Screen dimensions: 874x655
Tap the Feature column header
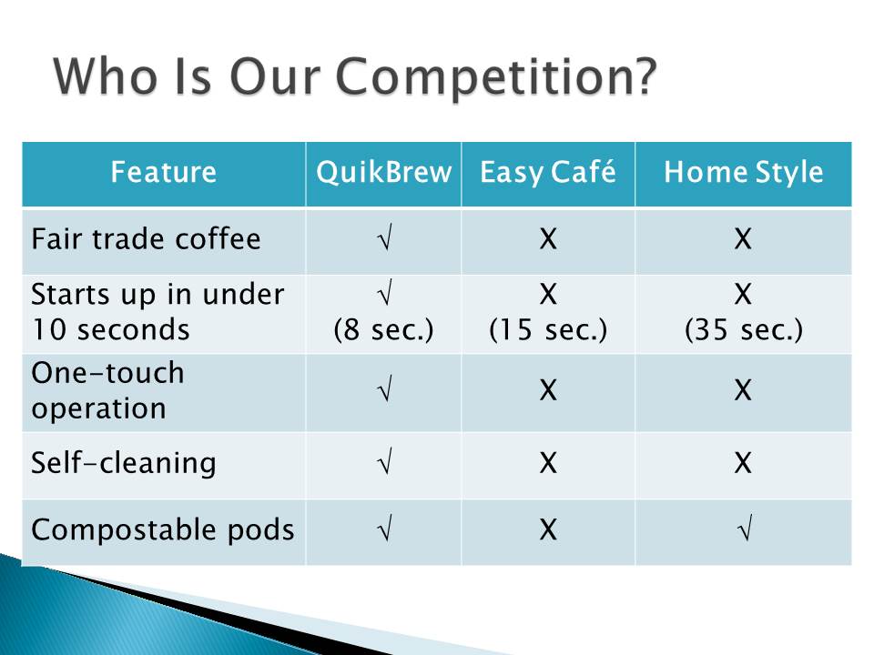pos(163,172)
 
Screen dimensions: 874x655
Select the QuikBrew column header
pos(383,172)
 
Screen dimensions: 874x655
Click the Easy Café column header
pos(548,172)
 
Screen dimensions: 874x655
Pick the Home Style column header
pos(743,172)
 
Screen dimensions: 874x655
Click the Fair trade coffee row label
pos(146,239)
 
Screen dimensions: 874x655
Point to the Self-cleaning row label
pos(123,463)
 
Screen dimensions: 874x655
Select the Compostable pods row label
pos(163,529)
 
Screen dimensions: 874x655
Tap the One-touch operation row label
pos(107,390)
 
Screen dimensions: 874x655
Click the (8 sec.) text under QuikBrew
pos(383,329)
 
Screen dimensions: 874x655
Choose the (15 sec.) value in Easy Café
pos(548,329)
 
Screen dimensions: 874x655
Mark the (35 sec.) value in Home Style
pos(744,329)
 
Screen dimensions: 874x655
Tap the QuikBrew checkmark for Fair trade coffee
pos(385,237)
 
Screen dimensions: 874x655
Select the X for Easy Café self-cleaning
pos(548,463)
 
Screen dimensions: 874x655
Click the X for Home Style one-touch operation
pos(744,390)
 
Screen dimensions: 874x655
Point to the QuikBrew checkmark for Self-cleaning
pos(385,461)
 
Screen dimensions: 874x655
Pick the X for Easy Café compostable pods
pos(548,529)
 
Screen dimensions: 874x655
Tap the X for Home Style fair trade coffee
pos(744,239)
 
